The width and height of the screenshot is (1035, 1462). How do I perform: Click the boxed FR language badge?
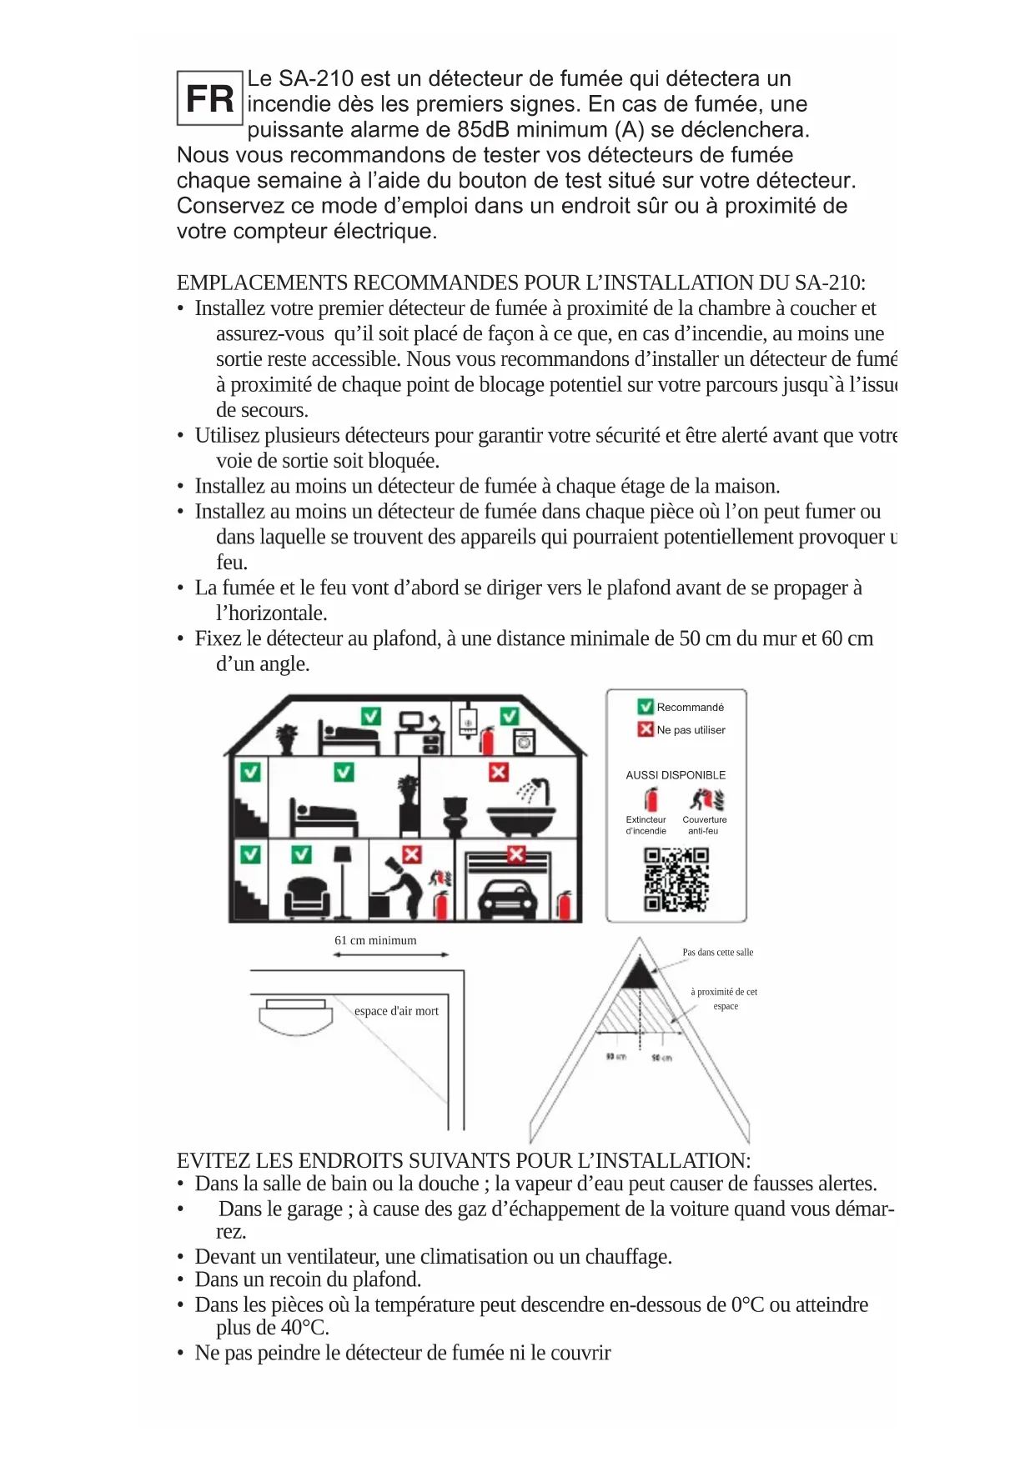pos(209,98)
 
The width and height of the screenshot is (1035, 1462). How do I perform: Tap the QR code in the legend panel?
pos(676,879)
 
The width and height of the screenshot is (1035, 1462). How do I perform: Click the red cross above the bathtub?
pos(499,772)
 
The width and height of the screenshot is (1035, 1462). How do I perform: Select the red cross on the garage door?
pos(517,855)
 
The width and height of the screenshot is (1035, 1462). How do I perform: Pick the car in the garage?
pos(506,899)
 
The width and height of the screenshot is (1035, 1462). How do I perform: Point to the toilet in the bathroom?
pos(455,814)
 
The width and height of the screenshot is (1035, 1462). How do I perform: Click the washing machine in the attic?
pos(524,741)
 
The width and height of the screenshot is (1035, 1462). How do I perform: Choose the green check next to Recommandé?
pos(646,707)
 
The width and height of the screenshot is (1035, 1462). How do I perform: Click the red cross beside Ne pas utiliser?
pos(646,729)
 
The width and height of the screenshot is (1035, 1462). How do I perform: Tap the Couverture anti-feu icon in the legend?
pos(706,800)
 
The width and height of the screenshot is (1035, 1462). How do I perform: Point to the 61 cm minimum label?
pos(375,940)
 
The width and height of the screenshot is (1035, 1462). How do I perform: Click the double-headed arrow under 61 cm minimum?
pos(390,954)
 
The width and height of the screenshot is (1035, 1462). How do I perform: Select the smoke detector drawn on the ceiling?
pos(295,1015)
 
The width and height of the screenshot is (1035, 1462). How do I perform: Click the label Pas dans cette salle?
pos(717,952)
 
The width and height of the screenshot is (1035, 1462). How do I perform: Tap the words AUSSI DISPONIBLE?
pos(676,775)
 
